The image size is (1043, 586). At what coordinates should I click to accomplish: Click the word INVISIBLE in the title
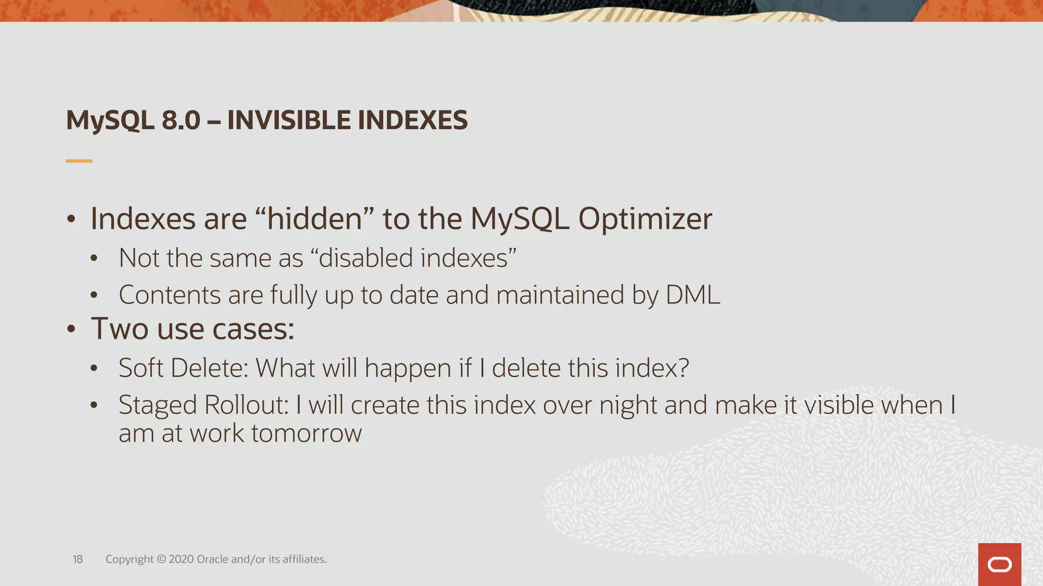[x=289, y=121]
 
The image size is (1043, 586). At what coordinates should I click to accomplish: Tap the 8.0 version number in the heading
[x=181, y=121]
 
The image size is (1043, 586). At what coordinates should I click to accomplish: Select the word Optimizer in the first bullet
[x=645, y=219]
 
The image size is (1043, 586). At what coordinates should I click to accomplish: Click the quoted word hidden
[x=314, y=219]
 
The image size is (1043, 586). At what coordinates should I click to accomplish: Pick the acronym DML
[x=693, y=295]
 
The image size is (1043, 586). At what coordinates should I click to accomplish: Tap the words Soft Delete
[x=183, y=368]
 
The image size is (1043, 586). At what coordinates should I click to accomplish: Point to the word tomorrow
[x=306, y=433]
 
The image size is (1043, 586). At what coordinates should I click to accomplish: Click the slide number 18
[x=77, y=560]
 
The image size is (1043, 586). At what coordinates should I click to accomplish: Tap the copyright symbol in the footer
[x=161, y=560]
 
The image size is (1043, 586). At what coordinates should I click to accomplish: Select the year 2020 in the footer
[x=181, y=560]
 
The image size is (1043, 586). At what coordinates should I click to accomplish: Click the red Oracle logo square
[x=999, y=565]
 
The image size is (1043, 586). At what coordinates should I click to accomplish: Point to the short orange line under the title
[x=79, y=161]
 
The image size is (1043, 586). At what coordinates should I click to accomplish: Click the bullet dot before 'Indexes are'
[x=71, y=220]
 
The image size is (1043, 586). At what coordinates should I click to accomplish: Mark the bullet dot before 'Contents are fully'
[x=94, y=296]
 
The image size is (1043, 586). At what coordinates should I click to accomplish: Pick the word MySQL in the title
[x=110, y=121]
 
